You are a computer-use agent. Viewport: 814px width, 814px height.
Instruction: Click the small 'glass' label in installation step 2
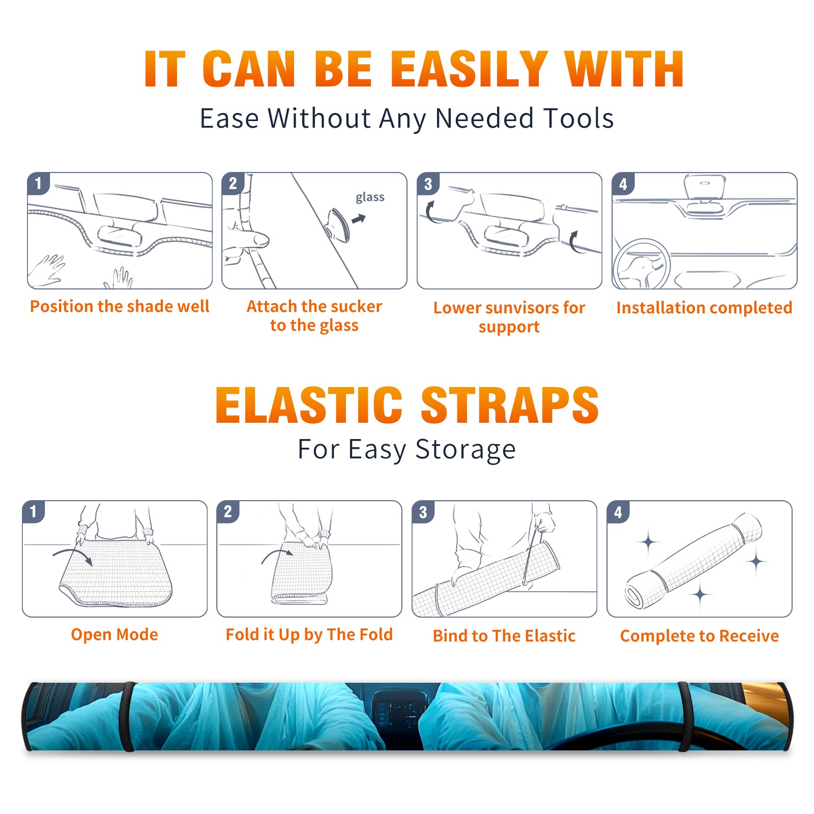point(370,197)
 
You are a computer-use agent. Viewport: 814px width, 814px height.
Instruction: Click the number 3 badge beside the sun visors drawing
point(428,184)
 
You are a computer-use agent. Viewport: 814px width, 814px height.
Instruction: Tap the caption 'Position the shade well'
point(120,306)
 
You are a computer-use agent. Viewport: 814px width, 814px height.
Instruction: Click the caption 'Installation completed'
point(704,307)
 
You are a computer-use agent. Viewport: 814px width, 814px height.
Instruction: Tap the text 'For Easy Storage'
point(407,449)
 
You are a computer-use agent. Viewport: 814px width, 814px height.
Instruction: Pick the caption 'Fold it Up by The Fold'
point(309,635)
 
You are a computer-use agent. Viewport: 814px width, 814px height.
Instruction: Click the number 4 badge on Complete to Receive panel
point(618,512)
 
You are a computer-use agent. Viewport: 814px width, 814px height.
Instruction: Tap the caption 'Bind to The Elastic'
point(504,636)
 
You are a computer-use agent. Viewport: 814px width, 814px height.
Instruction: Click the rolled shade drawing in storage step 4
point(693,560)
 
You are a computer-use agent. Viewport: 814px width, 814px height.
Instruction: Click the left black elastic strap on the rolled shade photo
point(128,716)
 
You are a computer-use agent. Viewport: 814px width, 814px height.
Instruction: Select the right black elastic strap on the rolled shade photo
point(685,716)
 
